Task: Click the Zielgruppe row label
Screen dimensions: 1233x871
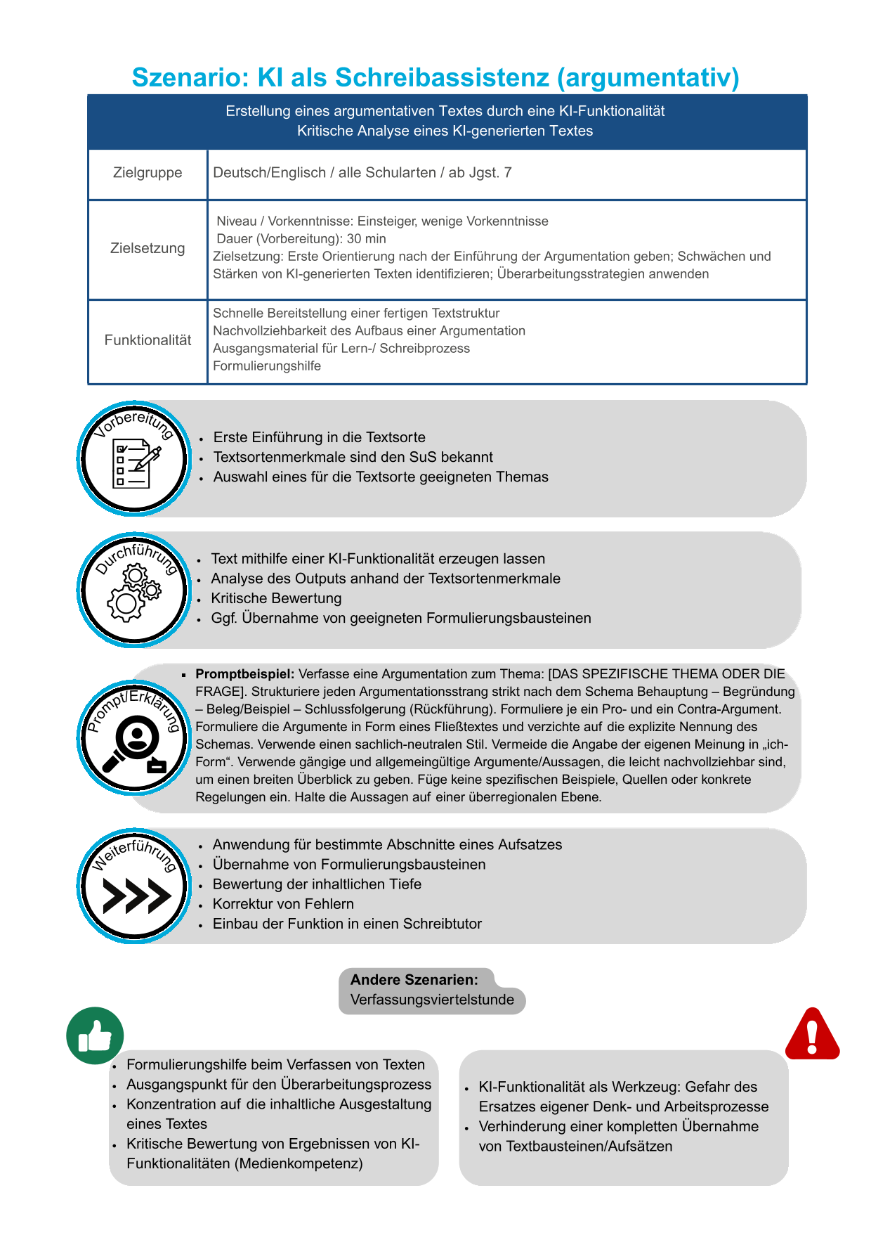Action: pos(148,173)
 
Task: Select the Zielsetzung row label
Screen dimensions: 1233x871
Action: pos(148,248)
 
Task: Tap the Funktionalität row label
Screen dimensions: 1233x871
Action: pos(148,340)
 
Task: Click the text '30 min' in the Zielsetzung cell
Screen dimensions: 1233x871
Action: pos(366,239)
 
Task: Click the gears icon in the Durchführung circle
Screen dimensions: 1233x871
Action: pos(133,594)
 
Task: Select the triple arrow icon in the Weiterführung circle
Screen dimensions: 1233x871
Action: pos(136,896)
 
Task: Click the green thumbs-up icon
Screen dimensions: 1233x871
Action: pos(95,1035)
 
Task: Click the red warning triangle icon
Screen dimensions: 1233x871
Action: pos(812,1034)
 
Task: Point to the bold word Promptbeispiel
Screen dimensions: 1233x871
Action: pos(244,674)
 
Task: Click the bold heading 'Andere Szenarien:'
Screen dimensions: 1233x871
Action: pos(414,980)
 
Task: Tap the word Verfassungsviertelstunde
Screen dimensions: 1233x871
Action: pos(432,1000)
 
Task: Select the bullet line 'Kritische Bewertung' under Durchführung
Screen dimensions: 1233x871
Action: pos(276,598)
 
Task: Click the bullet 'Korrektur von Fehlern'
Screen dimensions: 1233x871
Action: pos(283,904)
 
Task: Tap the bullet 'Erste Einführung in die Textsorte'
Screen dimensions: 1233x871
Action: pos(319,437)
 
